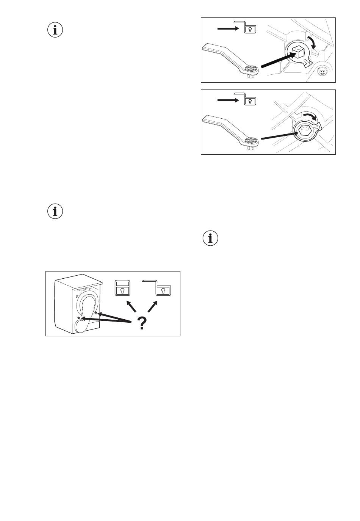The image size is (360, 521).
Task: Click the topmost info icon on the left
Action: [55, 30]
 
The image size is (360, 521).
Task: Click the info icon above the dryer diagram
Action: [55, 211]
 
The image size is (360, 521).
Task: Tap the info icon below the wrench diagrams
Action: [211, 238]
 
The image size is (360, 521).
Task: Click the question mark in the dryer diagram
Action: [142, 323]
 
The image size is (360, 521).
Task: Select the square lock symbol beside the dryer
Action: [122, 288]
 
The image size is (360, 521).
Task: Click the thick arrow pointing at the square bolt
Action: [279, 61]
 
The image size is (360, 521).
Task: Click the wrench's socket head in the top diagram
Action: [250, 69]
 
